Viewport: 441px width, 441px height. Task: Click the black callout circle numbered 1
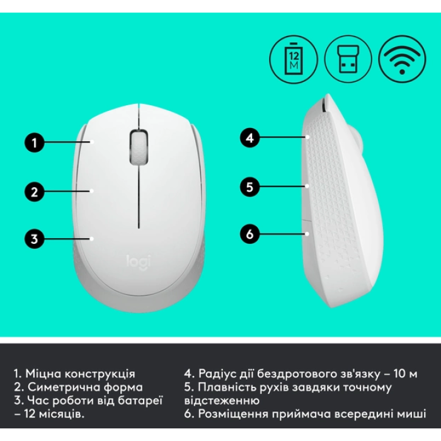coord(35,142)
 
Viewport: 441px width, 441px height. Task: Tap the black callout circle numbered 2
coord(35,192)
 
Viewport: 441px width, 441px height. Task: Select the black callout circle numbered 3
coord(35,239)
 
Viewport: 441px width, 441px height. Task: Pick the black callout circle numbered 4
coord(249,138)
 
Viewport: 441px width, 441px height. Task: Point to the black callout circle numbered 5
coord(249,186)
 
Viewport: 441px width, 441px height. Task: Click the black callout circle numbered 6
coord(249,234)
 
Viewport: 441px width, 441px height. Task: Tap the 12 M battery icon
coord(294,59)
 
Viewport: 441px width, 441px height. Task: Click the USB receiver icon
coord(348,59)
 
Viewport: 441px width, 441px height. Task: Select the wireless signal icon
coord(402,59)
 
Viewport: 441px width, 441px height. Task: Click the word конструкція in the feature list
coord(100,374)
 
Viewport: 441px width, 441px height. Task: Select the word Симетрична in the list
coord(64,387)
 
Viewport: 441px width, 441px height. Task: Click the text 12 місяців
coord(54,414)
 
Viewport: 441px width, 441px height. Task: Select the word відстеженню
coord(222,401)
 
